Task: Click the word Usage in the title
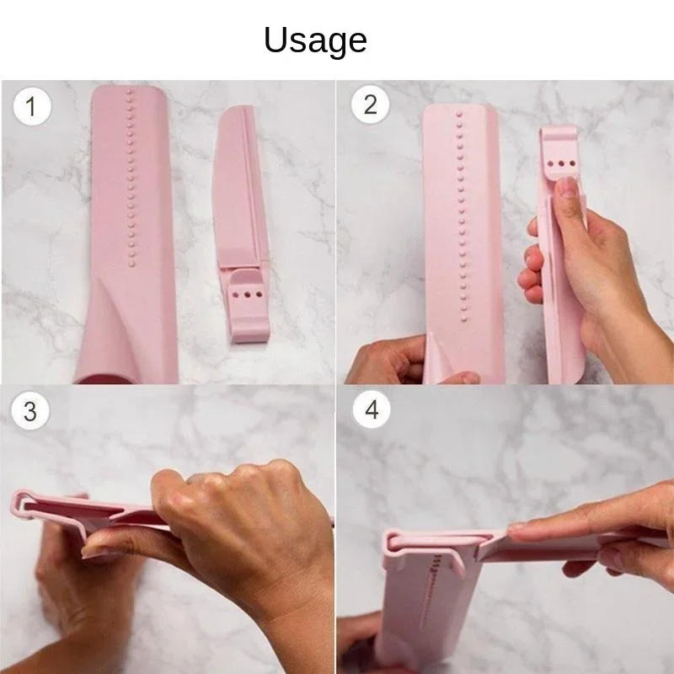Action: [x=315, y=40]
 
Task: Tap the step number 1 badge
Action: [x=31, y=107]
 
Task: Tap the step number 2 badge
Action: [x=370, y=104]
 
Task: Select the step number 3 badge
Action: [x=30, y=411]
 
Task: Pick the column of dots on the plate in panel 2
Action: [x=460, y=211]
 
